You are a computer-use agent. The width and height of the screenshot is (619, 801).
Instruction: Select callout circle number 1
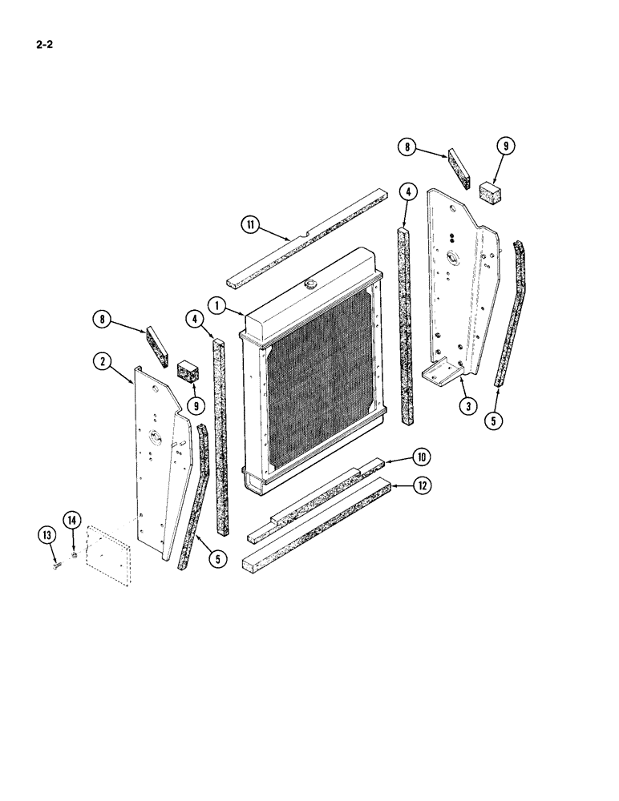[x=216, y=304]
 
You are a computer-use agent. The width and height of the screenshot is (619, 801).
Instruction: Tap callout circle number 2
[x=101, y=361]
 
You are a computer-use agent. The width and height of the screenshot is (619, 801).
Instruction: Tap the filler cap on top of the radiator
[x=309, y=283]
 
